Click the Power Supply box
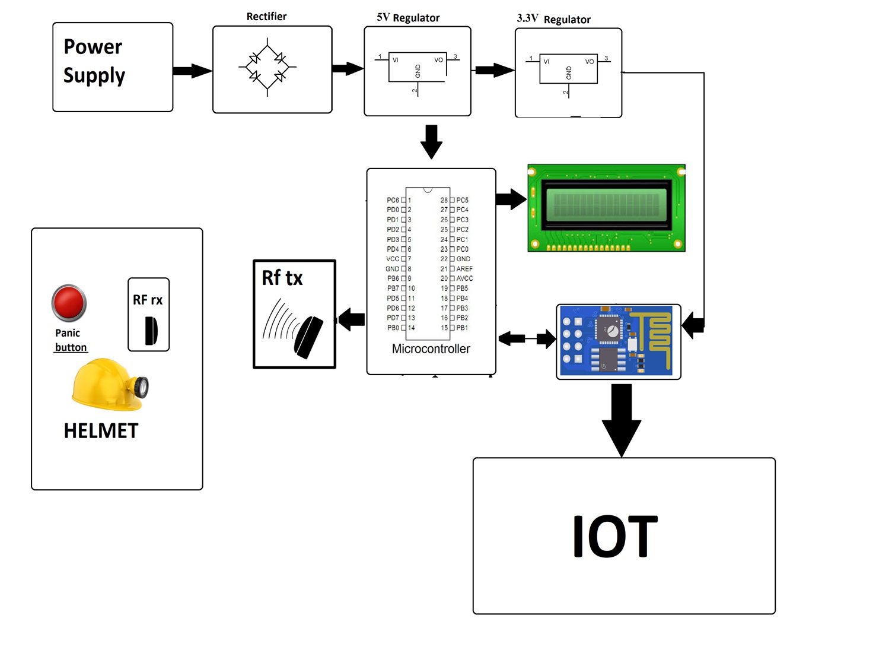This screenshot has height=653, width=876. (x=113, y=67)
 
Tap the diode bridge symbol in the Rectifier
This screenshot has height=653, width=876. (x=267, y=68)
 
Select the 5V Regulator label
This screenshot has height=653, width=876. (x=408, y=18)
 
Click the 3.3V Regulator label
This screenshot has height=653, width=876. (x=553, y=19)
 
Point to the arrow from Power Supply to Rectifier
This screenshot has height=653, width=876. (x=192, y=71)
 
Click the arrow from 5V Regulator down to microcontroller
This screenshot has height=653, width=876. (x=431, y=141)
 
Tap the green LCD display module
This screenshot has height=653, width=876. (x=606, y=208)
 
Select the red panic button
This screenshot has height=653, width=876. (x=69, y=303)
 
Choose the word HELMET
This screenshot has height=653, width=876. (x=101, y=431)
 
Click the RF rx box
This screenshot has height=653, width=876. (x=149, y=315)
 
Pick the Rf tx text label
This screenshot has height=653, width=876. (x=282, y=278)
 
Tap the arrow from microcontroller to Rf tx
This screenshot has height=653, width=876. (x=352, y=319)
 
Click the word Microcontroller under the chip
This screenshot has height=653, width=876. (x=431, y=349)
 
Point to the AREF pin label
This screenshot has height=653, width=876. (x=464, y=269)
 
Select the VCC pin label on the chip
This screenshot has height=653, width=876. (x=393, y=259)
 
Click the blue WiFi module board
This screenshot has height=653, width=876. (x=618, y=341)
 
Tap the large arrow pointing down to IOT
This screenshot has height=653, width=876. (x=621, y=419)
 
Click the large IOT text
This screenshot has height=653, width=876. (x=615, y=537)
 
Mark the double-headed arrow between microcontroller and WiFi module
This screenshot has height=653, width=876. (x=527, y=339)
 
